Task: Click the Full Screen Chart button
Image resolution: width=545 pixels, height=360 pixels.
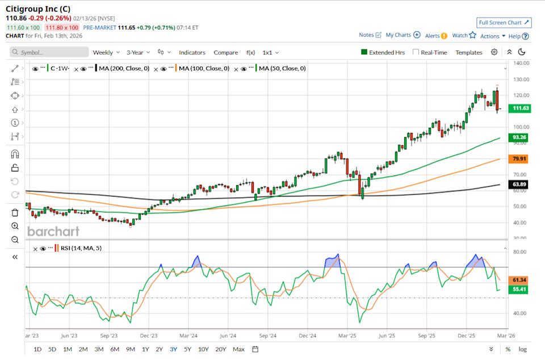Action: [x=504, y=23]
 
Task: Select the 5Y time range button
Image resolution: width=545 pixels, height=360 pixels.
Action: [x=187, y=349]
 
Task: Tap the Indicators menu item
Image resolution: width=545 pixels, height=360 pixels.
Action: [x=192, y=52]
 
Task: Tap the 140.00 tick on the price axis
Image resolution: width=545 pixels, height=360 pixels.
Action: [x=521, y=63]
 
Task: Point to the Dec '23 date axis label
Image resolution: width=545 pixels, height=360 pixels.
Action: [x=148, y=336]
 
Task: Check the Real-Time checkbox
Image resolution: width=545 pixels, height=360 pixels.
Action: [x=416, y=52]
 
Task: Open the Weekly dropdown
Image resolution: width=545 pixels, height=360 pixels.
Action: [x=106, y=52]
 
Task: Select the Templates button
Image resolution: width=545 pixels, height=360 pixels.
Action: [x=469, y=52]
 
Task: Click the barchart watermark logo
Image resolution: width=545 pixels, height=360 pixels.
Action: [x=53, y=231]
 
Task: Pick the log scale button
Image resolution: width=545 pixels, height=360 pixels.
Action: [x=522, y=349]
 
